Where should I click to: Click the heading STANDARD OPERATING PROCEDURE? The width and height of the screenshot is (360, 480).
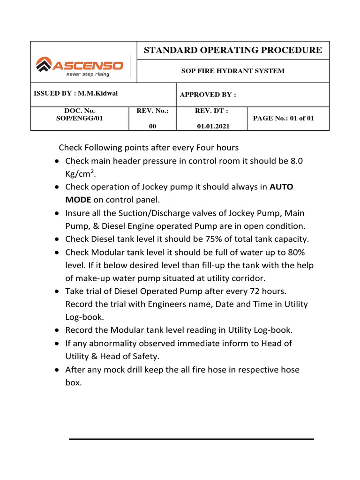(232, 51)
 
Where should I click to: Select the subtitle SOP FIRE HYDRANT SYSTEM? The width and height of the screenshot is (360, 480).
(232, 71)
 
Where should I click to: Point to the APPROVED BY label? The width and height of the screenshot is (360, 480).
(208, 95)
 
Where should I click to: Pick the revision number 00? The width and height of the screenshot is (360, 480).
(153, 126)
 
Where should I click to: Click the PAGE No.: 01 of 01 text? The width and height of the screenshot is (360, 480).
(284, 119)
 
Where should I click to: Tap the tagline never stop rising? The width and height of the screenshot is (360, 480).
(88, 74)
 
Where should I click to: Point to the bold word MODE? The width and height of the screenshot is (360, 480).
(78, 200)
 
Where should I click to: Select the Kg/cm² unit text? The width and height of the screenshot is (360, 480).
(79, 174)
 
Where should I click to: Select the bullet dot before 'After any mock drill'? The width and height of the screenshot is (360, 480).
(56, 370)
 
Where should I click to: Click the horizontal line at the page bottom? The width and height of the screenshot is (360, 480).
(191, 439)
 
